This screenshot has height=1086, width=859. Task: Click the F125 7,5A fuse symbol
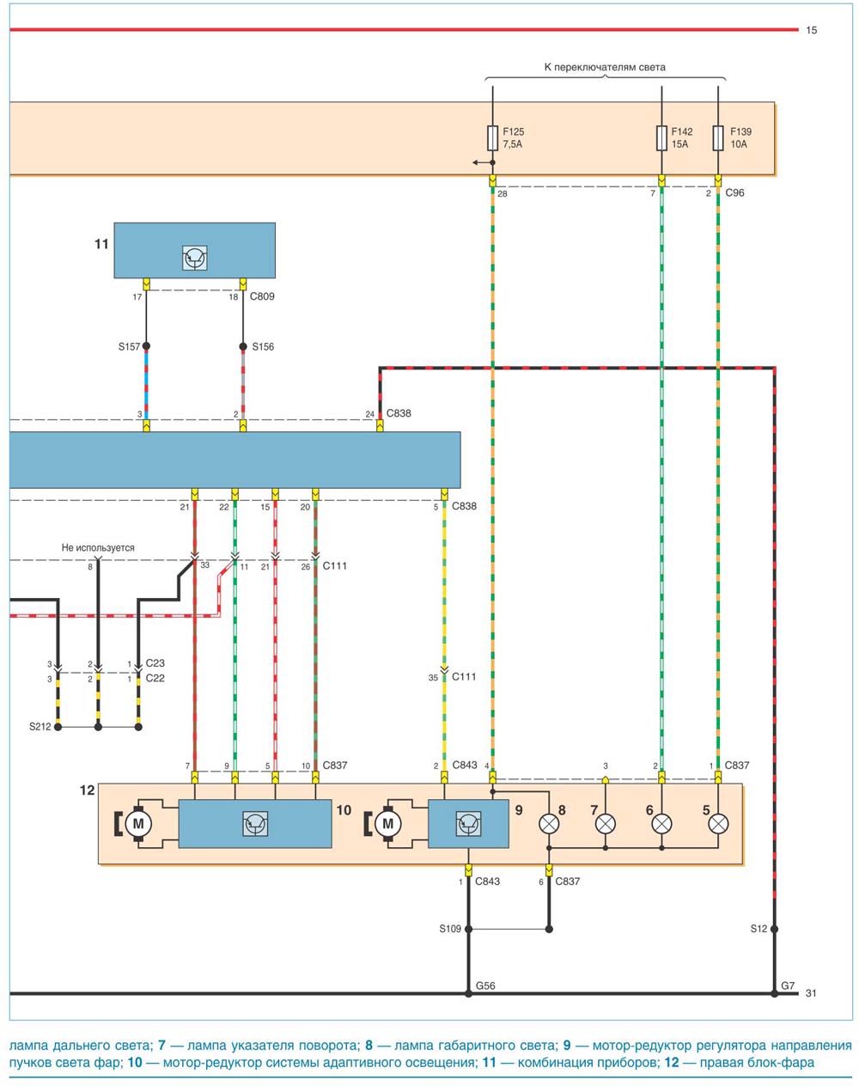click(492, 138)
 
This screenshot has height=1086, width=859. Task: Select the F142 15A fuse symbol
click(661, 138)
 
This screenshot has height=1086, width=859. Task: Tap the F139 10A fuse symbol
click(717, 138)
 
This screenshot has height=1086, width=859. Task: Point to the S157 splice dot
click(146, 346)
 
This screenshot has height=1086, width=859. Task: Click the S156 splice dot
click(243, 346)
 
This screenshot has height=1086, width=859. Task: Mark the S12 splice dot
click(774, 929)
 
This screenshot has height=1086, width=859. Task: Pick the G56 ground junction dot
click(468, 994)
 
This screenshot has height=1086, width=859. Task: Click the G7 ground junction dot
click(774, 994)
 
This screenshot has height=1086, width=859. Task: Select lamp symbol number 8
click(549, 824)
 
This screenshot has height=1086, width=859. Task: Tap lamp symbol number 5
click(718, 824)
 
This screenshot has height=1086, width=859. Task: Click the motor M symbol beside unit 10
click(137, 824)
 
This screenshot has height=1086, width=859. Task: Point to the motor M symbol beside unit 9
click(387, 824)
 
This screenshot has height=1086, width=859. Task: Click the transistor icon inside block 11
click(195, 258)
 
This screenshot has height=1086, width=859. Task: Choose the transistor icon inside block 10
click(255, 824)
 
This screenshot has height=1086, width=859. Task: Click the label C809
click(262, 296)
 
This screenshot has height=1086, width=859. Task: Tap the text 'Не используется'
click(98, 547)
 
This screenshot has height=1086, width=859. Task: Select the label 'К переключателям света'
click(605, 67)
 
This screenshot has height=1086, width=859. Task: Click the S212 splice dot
click(58, 727)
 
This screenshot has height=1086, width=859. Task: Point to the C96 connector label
click(734, 192)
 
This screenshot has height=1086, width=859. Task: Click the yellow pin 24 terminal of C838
click(380, 426)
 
